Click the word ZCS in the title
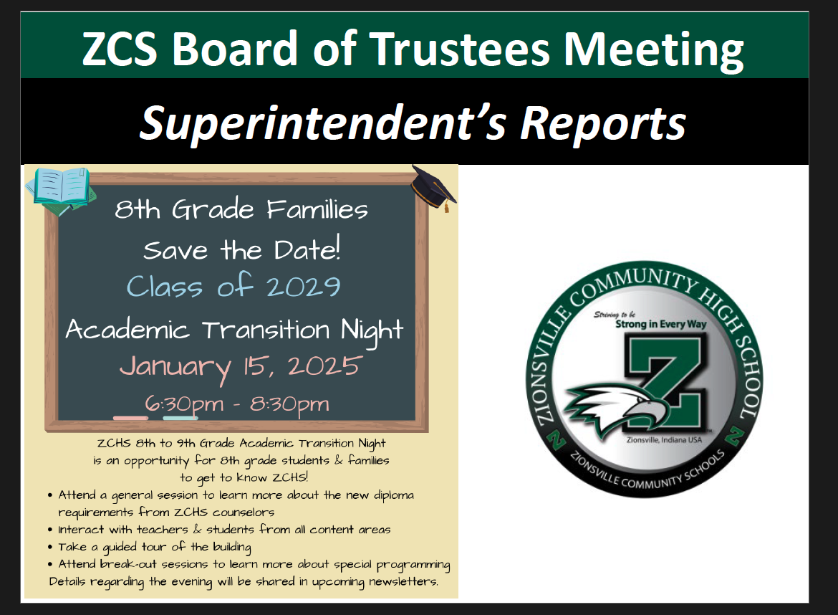click(x=120, y=49)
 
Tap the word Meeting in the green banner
click(x=654, y=51)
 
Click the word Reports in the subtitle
click(x=603, y=124)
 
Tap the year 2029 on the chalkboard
click(x=303, y=287)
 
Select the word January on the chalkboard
click(x=175, y=368)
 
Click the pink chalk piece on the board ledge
click(x=131, y=418)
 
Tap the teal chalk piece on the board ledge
click(x=180, y=418)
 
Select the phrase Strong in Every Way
click(x=660, y=324)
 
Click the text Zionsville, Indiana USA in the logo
click(x=664, y=439)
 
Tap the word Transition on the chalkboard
click(x=266, y=330)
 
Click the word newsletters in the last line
click(x=403, y=581)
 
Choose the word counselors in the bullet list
click(x=244, y=512)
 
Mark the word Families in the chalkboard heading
click(x=317, y=209)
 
